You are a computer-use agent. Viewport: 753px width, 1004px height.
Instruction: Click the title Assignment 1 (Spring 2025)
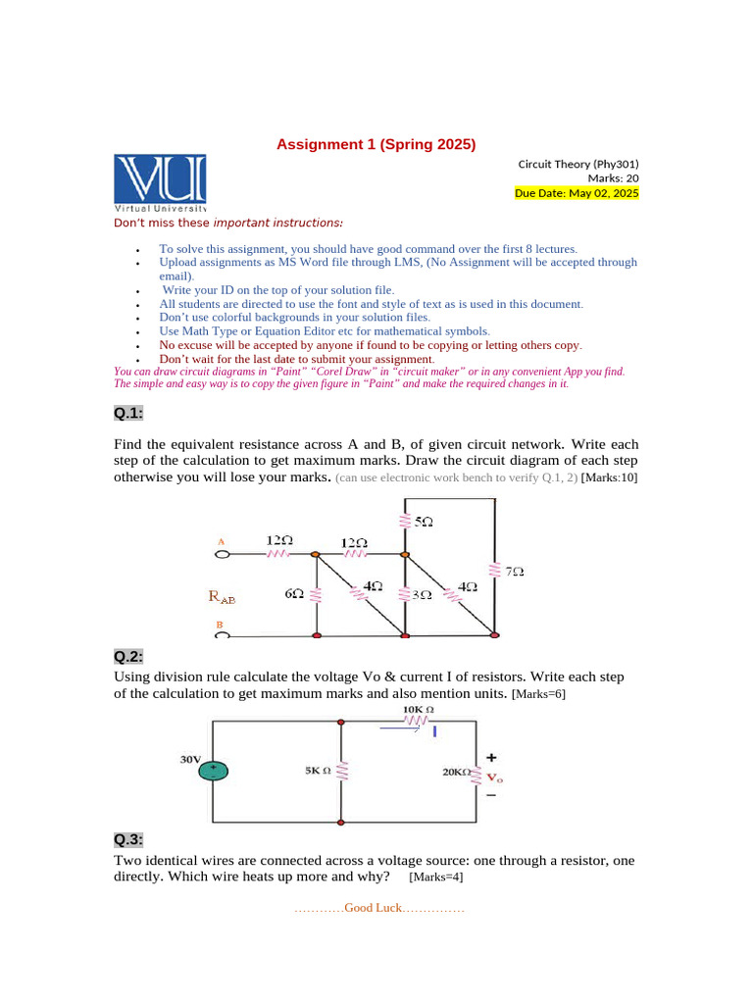click(x=376, y=144)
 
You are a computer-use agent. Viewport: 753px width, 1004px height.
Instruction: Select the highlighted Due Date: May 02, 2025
click(x=577, y=193)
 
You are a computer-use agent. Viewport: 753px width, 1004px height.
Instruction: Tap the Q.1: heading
click(x=128, y=413)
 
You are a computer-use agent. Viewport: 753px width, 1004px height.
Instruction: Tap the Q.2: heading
click(x=128, y=656)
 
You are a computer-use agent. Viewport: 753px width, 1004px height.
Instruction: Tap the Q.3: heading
click(x=128, y=839)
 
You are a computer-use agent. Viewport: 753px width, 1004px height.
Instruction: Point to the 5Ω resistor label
click(x=423, y=523)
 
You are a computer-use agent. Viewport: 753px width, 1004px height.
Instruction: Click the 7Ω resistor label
click(x=514, y=571)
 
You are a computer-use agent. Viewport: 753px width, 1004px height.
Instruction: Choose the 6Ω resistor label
click(x=293, y=594)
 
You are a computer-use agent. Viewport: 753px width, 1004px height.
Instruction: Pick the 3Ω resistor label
click(x=422, y=594)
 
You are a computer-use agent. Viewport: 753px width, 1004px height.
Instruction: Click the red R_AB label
click(x=222, y=595)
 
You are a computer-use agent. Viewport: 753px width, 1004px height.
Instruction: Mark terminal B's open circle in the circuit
click(x=222, y=635)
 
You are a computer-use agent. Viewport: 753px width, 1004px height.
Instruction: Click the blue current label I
click(x=434, y=730)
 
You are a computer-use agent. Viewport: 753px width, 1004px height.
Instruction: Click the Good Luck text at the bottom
click(x=378, y=908)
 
